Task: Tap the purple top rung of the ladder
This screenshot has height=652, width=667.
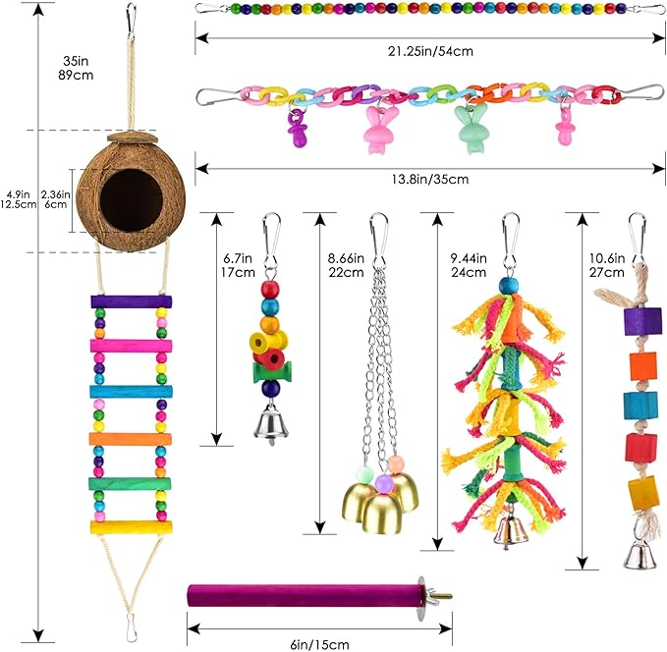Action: pos(130,301)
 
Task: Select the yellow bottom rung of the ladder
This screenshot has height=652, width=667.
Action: pos(130,526)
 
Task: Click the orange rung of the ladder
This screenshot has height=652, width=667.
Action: pos(130,437)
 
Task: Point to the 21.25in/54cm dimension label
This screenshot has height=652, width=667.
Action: pos(428,51)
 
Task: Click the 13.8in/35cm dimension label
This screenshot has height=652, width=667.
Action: pos(428,179)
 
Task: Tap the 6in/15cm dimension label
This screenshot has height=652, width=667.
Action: pos(318,644)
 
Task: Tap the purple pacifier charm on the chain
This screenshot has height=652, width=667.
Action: pos(296,129)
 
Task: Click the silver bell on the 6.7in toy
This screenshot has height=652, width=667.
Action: pos(266,422)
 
